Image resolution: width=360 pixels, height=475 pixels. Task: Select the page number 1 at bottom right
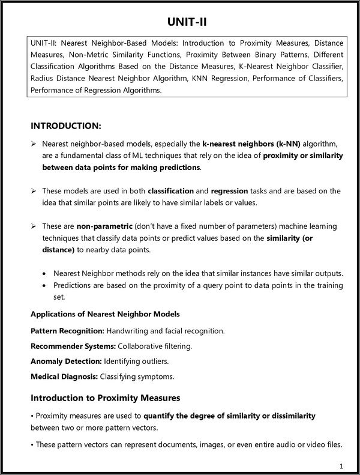[341, 465]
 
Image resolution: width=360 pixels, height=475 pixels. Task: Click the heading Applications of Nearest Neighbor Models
[105, 314]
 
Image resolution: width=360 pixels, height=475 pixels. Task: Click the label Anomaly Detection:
[66, 362]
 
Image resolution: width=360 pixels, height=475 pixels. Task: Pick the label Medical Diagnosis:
[64, 377]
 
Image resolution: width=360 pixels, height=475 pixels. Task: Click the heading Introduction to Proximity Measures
[105, 398]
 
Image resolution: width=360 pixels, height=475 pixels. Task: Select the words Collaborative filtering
[154, 346]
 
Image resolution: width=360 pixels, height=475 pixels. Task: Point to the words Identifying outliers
[136, 362]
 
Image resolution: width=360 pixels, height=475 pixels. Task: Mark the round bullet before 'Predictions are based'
[45, 285]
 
